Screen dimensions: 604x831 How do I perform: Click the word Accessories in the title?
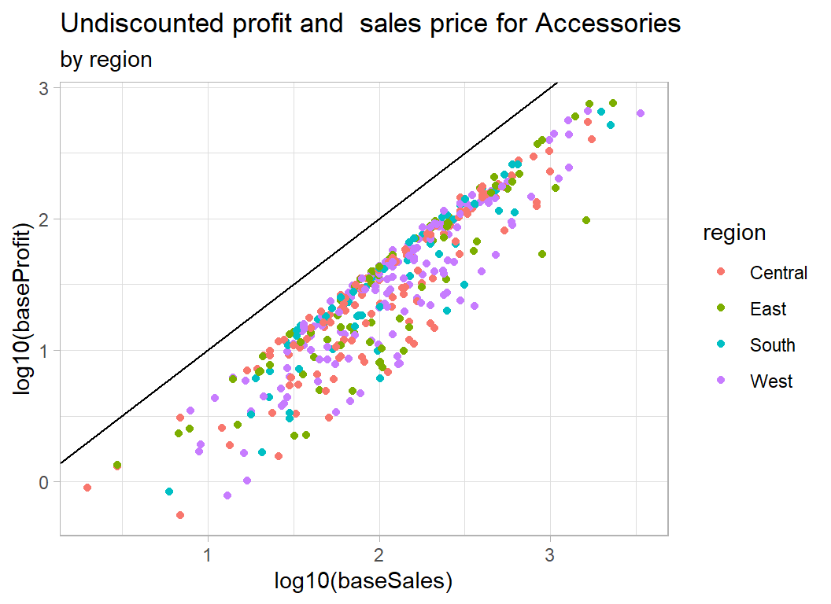click(x=608, y=24)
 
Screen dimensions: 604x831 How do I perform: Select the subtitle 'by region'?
click(x=106, y=59)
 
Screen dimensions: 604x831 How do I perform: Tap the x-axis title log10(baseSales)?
click(x=364, y=581)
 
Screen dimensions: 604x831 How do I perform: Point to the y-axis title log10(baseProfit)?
click(x=28, y=309)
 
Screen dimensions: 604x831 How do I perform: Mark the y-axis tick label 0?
click(x=45, y=481)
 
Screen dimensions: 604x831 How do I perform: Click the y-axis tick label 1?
click(x=45, y=351)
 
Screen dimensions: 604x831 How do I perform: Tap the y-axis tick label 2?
click(x=45, y=219)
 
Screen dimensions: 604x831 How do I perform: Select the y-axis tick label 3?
click(x=45, y=89)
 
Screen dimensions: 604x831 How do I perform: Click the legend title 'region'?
click(x=734, y=233)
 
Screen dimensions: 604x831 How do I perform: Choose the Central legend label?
click(x=778, y=273)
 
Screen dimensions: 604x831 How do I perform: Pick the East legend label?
click(x=768, y=309)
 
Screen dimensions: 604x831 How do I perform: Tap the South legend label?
click(x=772, y=345)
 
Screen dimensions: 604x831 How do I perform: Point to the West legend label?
click(x=771, y=381)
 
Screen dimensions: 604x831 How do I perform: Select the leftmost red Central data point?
click(x=87, y=488)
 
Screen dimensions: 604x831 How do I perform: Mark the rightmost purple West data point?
click(x=641, y=113)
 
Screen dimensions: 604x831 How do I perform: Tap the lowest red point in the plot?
click(x=180, y=515)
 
